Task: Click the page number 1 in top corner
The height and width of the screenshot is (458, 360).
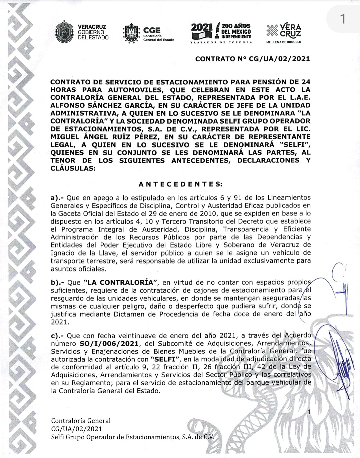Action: point(342,19)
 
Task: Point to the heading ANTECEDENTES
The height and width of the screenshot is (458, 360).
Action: point(180,184)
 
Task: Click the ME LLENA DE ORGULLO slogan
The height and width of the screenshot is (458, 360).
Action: point(284,42)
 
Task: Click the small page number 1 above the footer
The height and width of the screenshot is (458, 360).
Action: point(309,413)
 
